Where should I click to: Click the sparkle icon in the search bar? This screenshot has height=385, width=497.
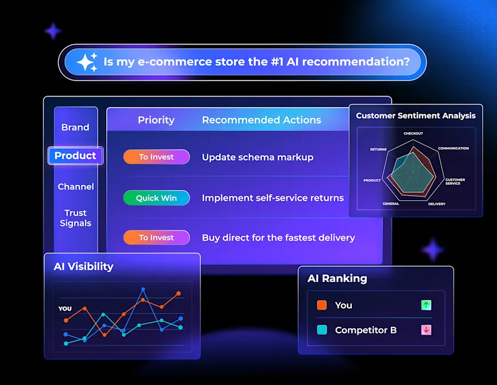click(87, 62)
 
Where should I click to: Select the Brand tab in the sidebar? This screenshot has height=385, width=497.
click(75, 127)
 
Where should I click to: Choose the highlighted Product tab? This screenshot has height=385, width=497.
click(75, 156)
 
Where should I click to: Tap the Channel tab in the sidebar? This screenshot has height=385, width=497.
click(75, 186)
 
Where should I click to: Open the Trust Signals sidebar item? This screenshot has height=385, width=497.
click(75, 218)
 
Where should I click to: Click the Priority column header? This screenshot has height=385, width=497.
click(156, 120)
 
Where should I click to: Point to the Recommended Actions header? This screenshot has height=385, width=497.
click(262, 120)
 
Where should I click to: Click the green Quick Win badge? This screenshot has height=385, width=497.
click(157, 198)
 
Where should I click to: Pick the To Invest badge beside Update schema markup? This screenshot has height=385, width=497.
click(157, 157)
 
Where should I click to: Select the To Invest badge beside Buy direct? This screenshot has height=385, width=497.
click(157, 237)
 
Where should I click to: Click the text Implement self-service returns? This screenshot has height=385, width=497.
click(272, 198)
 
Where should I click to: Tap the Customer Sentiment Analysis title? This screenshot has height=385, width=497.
click(415, 116)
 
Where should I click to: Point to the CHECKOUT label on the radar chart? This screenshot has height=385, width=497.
click(413, 133)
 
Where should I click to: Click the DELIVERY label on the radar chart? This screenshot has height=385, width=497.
click(436, 204)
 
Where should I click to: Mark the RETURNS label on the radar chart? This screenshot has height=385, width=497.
click(378, 149)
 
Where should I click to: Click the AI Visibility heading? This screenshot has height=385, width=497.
click(83, 267)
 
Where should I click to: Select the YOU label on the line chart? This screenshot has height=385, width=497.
click(65, 309)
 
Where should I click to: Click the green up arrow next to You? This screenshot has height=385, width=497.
click(426, 305)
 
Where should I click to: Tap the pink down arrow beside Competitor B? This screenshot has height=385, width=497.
click(426, 330)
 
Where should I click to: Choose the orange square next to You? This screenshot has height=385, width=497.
click(322, 305)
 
